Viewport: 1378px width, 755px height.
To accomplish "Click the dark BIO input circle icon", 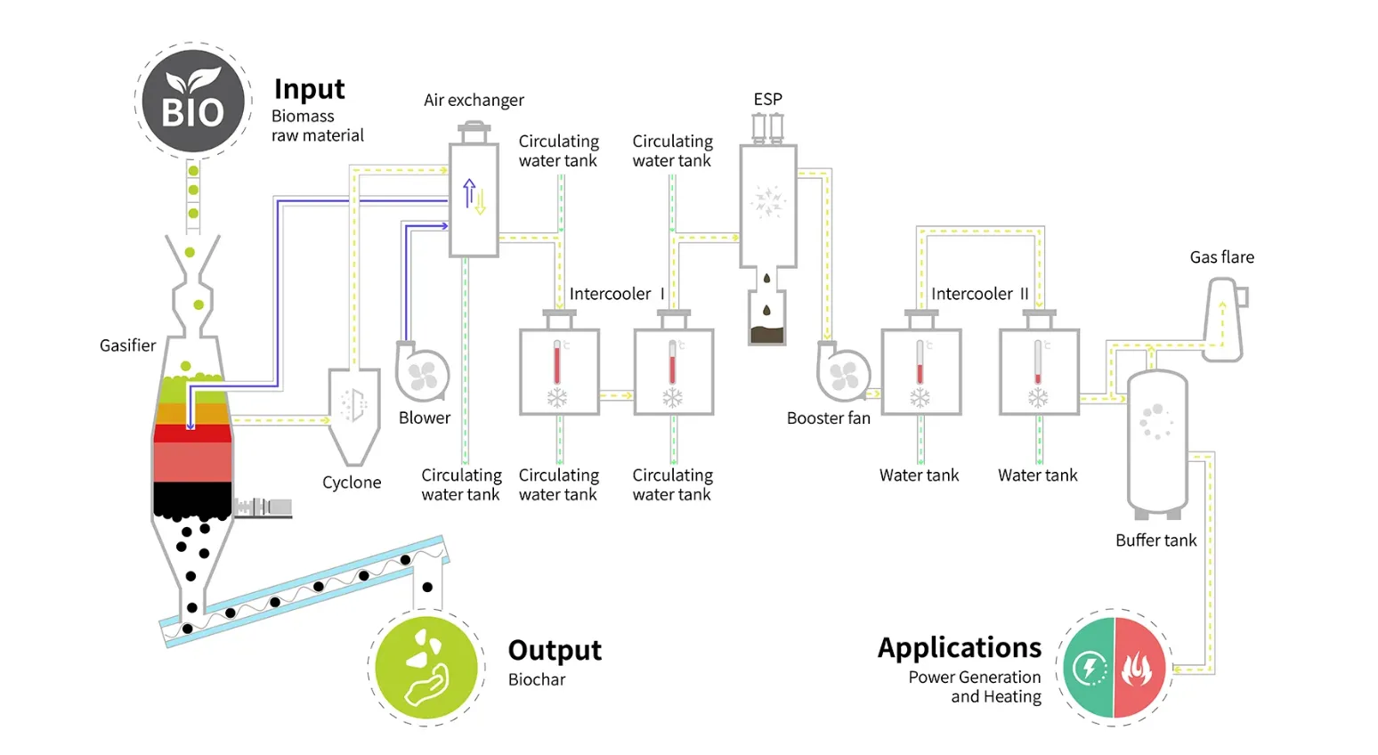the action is pos(193,101).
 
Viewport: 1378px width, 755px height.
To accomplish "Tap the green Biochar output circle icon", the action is pos(426,668).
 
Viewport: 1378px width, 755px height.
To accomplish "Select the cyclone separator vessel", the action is pos(353,417).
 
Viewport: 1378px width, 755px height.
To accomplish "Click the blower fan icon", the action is pos(422,374).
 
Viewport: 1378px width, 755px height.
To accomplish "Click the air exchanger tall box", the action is pos(474,199).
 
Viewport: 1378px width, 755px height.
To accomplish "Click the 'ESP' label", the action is pos(767,99).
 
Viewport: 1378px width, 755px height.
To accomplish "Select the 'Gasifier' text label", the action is pos(128,345).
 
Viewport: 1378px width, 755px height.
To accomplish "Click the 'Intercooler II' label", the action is pos(979,294).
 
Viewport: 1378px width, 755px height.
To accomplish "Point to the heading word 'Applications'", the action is pos(959,647).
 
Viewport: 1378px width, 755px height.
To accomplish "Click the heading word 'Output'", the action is pos(555,650).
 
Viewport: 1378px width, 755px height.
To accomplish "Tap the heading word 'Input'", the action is pos(310,89).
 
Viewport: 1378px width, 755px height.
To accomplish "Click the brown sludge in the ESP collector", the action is pos(767,335).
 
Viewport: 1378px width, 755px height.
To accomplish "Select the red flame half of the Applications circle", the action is pos(1140,668).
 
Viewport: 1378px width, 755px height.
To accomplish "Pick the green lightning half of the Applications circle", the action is pos(1089,668).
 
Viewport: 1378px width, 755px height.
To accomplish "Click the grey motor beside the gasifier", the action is pos(263,507).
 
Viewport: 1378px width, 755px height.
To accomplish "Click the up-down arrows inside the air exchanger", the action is pos(474,196).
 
